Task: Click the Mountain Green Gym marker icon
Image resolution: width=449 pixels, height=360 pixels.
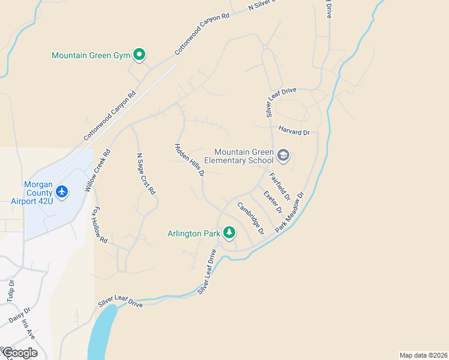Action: click(x=139, y=55)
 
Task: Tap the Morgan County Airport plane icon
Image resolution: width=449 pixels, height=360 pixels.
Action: click(x=61, y=192)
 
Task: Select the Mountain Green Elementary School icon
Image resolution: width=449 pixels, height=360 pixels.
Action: click(x=283, y=156)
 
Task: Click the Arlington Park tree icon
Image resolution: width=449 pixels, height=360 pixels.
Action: click(x=229, y=232)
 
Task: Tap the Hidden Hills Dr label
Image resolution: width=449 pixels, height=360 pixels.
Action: click(x=190, y=160)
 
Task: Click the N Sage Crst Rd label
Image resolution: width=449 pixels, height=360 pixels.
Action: click(x=146, y=174)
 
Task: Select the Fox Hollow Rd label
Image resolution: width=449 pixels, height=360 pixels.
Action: click(x=99, y=225)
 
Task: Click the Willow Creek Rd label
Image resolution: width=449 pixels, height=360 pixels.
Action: click(x=98, y=170)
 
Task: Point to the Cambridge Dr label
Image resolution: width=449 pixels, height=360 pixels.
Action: click(x=251, y=218)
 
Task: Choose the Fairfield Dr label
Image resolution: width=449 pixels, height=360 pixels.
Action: click(x=280, y=187)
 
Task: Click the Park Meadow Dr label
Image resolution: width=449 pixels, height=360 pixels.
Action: click(x=291, y=212)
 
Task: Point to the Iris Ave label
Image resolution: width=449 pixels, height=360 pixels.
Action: click(x=29, y=329)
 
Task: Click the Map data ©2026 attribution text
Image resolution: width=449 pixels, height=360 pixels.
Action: click(x=423, y=355)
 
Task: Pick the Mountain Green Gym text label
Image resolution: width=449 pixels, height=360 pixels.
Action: click(x=91, y=55)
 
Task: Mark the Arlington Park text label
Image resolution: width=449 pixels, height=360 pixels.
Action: click(x=194, y=232)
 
